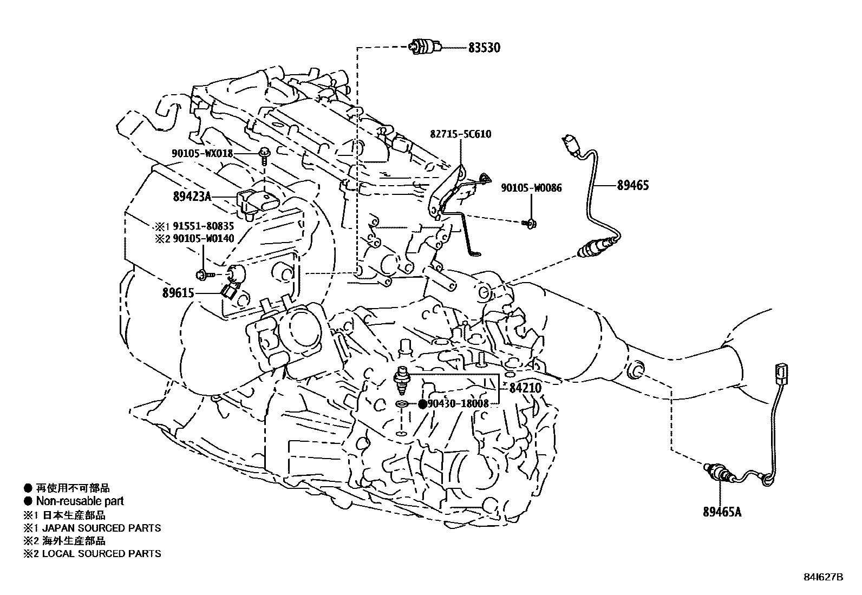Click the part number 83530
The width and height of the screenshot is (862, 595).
click(x=484, y=48)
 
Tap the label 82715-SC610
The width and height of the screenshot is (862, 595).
click(x=461, y=134)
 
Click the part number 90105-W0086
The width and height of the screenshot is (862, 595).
click(x=531, y=188)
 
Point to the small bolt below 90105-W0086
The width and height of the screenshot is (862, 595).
click(x=530, y=222)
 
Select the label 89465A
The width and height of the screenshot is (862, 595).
click(x=722, y=512)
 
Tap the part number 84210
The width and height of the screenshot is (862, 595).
click(x=525, y=388)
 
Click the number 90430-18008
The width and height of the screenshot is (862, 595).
click(x=458, y=403)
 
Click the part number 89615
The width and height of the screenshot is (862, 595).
click(x=178, y=293)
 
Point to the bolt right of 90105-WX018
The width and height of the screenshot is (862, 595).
click(x=264, y=154)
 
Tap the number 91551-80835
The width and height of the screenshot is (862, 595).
click(x=203, y=227)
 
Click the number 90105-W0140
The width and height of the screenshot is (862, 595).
click(x=203, y=239)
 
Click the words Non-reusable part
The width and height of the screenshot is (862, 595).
click(x=80, y=501)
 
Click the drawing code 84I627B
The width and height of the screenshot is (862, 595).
click(x=823, y=578)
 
